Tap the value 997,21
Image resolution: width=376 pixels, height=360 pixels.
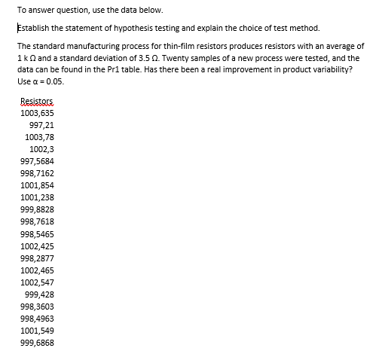point(41,125)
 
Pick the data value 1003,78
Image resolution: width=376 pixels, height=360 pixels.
point(39,137)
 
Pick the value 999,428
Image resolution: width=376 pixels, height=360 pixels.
point(39,294)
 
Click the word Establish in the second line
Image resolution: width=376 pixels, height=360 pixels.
point(32,29)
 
